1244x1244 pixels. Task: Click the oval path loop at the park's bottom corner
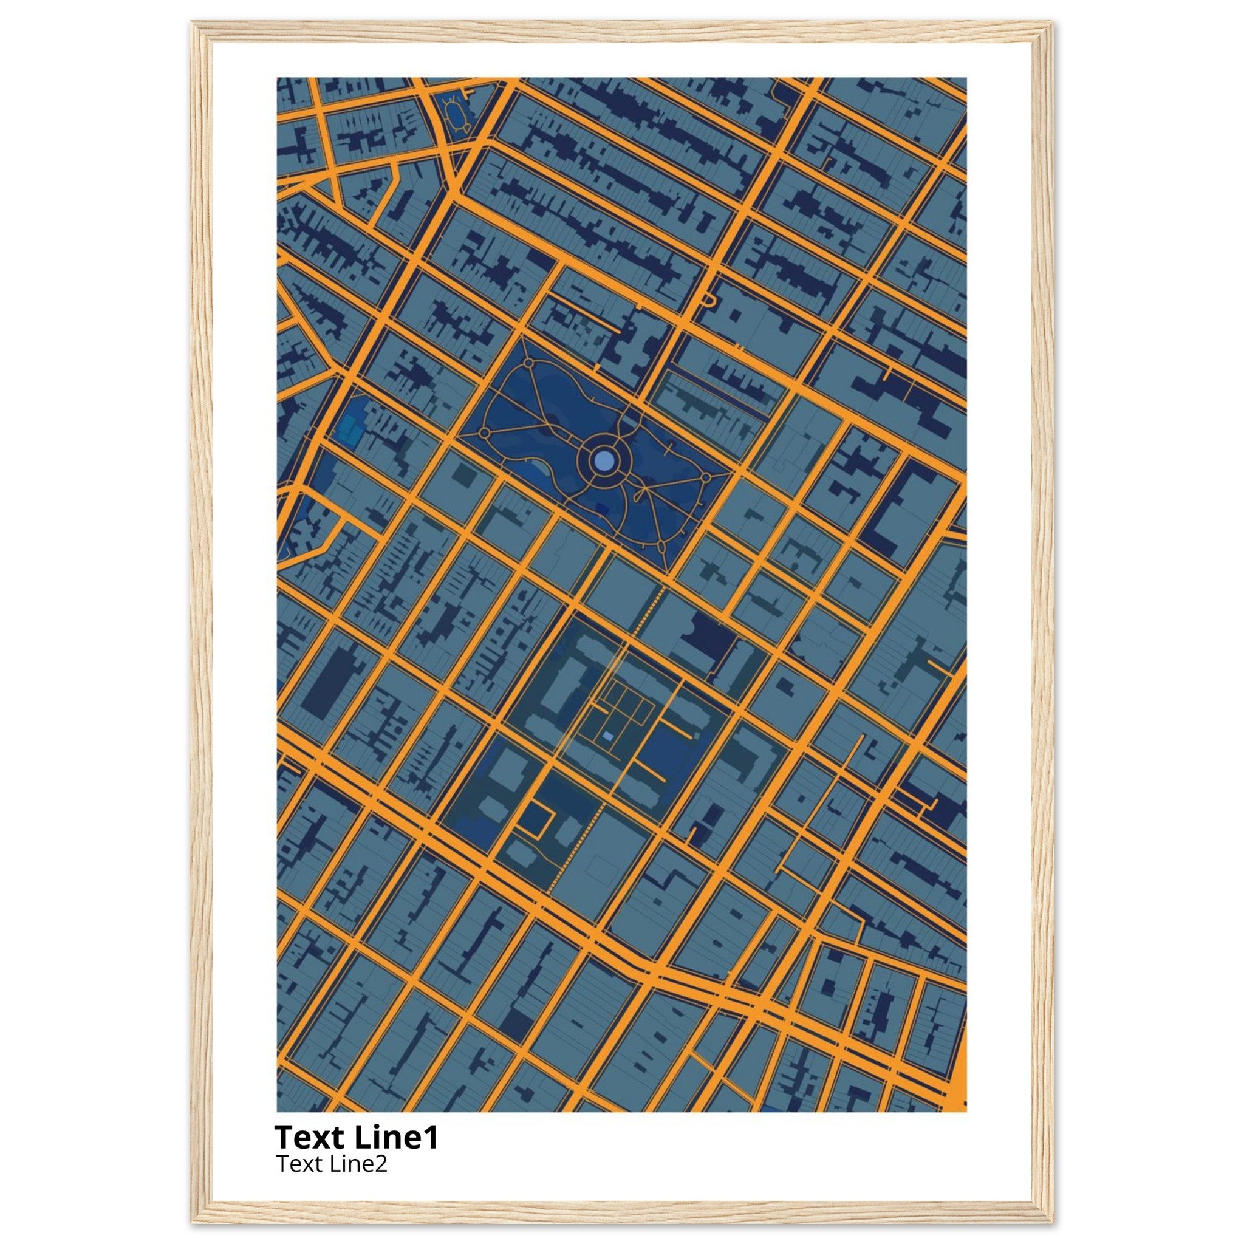tap(662, 547)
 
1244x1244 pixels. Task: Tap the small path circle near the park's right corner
tap(705, 477)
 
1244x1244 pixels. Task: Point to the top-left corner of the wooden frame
tap(194, 25)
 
